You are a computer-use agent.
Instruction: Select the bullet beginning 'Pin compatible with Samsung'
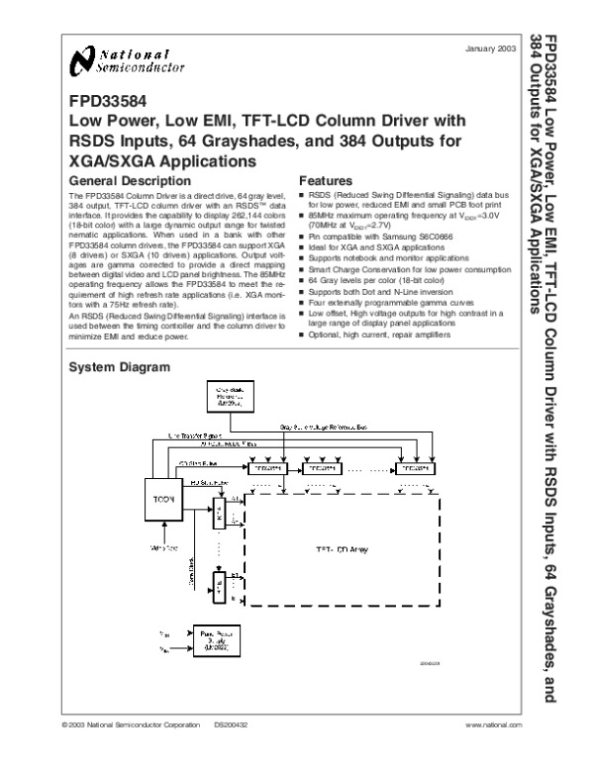(x=370, y=240)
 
